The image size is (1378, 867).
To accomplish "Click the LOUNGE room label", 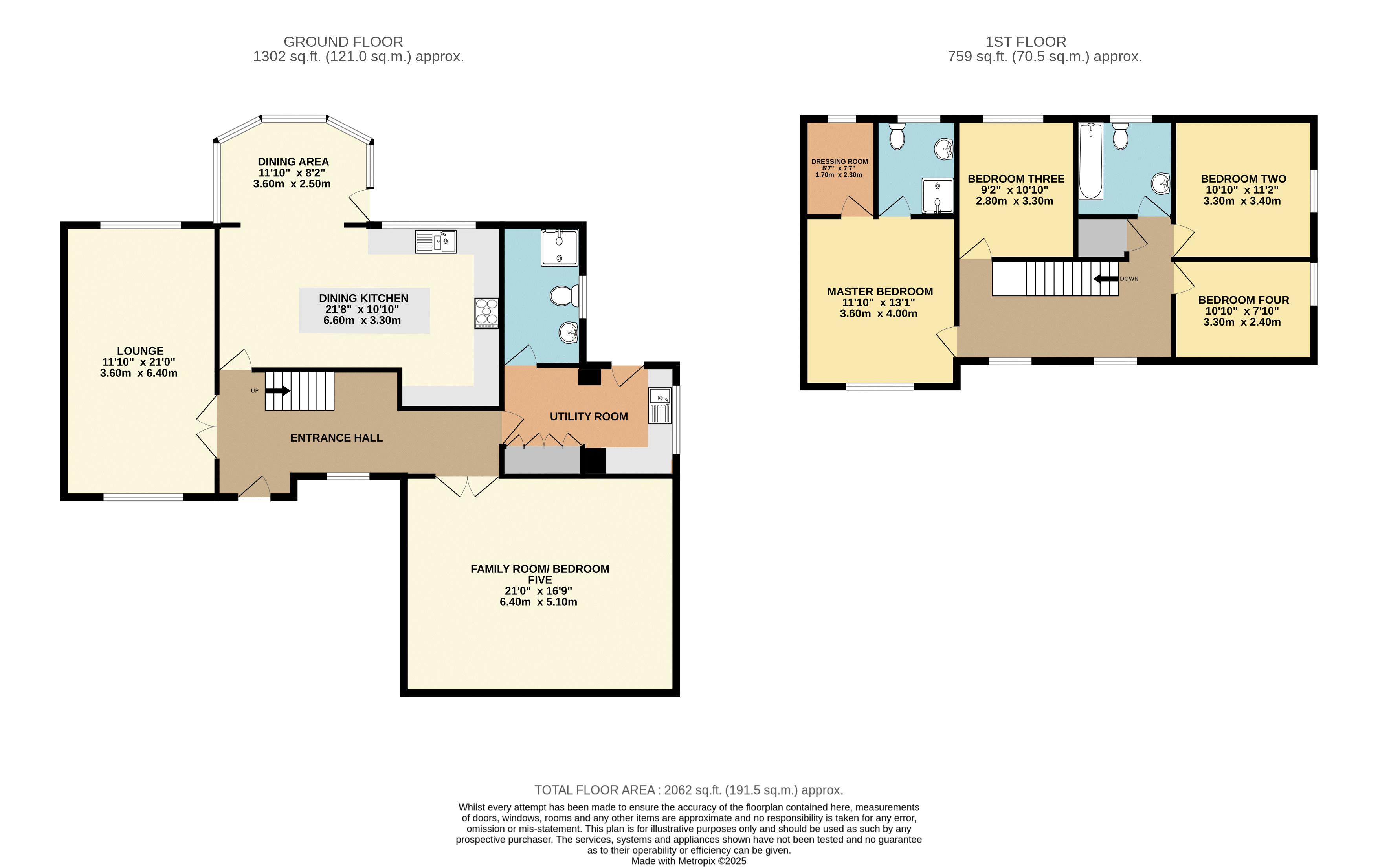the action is (x=140, y=351).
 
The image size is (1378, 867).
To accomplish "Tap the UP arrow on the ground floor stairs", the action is (x=277, y=391).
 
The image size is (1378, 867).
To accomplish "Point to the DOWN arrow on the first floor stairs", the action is (x=1106, y=279).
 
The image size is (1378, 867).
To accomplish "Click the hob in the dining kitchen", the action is (x=486, y=313).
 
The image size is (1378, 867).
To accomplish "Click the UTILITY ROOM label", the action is (x=589, y=417).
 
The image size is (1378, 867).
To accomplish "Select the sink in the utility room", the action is (x=660, y=405).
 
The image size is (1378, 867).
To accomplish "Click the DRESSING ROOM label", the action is (x=840, y=161).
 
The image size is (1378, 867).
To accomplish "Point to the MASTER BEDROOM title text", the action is (x=880, y=291).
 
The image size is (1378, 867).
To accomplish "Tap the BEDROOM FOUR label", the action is (x=1244, y=300).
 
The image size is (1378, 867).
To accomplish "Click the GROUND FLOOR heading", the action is (x=343, y=42).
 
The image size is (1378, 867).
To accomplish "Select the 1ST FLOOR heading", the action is (x=1026, y=42).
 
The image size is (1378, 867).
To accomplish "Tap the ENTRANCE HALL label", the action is (x=336, y=438).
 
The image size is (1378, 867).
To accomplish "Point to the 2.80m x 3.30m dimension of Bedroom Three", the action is (x=1015, y=201).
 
